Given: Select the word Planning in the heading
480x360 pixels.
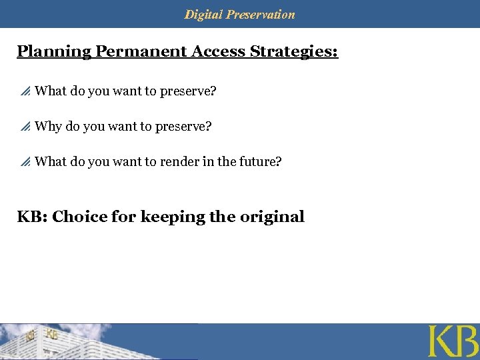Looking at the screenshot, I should tap(54, 52).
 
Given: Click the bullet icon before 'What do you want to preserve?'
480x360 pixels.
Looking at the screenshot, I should tap(25, 91).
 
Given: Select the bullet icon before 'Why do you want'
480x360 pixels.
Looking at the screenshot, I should tap(25, 127).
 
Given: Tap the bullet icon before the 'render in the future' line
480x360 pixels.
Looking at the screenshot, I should tap(25, 162).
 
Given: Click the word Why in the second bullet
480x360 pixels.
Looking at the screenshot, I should tap(48, 126).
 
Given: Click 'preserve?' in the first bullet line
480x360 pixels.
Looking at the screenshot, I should tap(189, 91).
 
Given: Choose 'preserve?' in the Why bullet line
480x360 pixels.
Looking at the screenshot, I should tap(185, 126).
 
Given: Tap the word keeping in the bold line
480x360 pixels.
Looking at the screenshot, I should tap(172, 217).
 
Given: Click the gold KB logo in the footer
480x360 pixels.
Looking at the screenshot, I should tap(452, 341).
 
